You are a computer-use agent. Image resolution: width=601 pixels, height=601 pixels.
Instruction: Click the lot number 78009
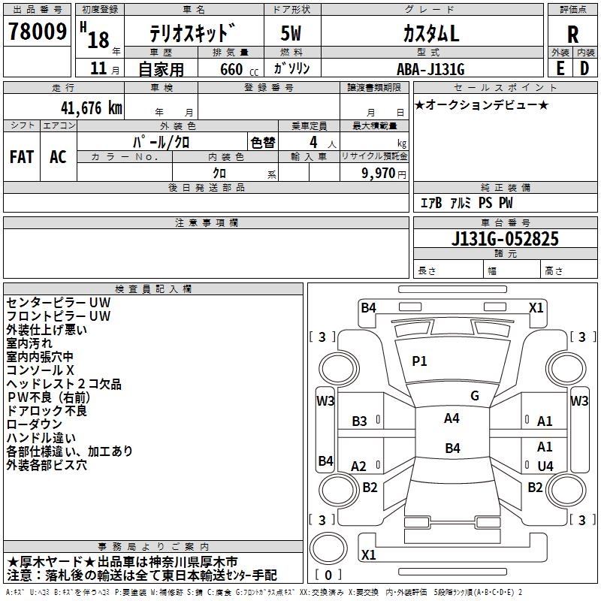pos(37,32)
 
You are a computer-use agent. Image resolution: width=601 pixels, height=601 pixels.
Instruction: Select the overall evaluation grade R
pos(572,35)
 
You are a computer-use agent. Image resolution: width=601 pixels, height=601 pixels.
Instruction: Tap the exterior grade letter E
pos(560,68)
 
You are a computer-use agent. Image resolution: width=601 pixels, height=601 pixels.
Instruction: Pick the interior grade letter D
pos(584,68)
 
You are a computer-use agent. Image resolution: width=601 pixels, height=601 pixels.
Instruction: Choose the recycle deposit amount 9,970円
pos(383,173)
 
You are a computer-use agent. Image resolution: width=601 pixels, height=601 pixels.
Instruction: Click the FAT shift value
pos(21,156)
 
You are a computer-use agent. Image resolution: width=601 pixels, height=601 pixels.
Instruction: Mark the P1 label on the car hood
pos(419,361)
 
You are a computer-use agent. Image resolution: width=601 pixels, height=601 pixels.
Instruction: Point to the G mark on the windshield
pos(474,395)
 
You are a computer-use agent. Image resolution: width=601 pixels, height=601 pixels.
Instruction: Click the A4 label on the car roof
pos(452,418)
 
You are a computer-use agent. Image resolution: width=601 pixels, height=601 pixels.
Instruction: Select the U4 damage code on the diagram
pos(545,466)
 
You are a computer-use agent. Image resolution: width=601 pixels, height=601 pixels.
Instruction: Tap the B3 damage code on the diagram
pos(360,421)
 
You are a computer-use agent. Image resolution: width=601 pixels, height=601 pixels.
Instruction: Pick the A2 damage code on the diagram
pos(359,466)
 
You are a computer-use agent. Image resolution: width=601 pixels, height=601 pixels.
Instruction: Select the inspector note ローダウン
pos(35,424)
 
